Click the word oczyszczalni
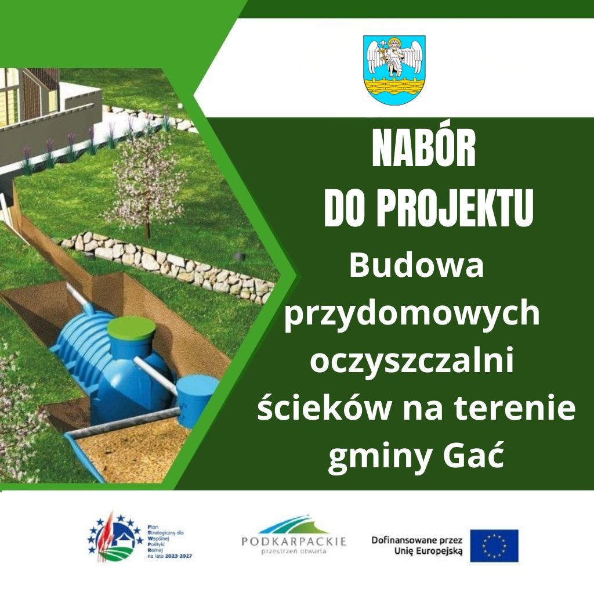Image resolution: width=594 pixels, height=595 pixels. click(412, 362)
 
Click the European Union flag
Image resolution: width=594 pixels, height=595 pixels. click(494, 546)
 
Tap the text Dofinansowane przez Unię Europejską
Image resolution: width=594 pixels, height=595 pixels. click(416, 546)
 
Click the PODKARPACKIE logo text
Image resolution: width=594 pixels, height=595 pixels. click(294, 541)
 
